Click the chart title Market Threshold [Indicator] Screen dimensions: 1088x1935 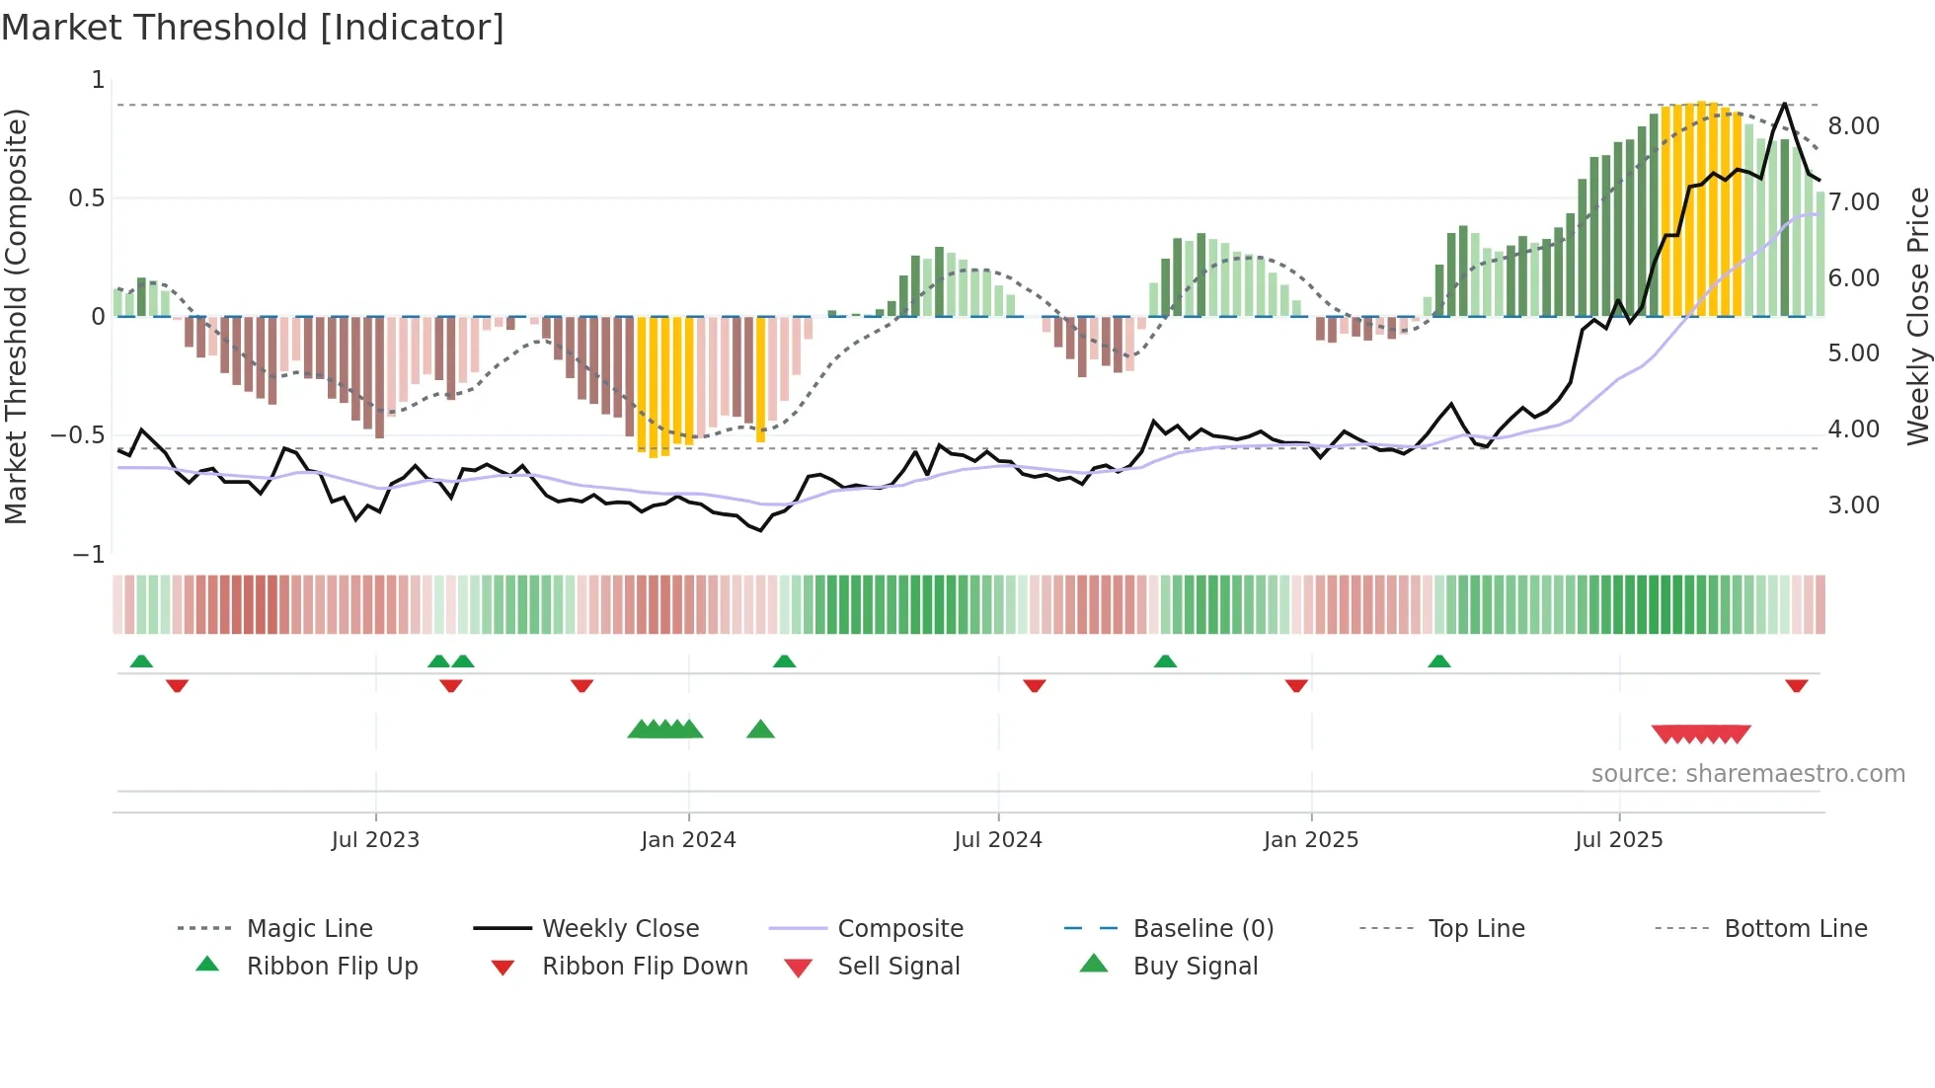pyautogui.click(x=253, y=28)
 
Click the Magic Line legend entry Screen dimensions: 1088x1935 pyautogui.click(x=309, y=928)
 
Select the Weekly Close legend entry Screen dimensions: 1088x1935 pyautogui.click(x=620, y=928)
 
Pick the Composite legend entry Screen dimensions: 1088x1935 pyautogui.click(x=899, y=928)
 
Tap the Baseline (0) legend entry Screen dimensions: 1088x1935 pyautogui.click(x=1202, y=928)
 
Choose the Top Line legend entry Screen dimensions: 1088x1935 pyautogui.click(x=1476, y=928)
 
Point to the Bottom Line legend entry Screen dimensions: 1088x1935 pyautogui.click(x=1795, y=928)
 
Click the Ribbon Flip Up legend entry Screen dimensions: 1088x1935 pyautogui.click(x=332, y=966)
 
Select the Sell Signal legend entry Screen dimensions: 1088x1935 pyautogui.click(x=897, y=966)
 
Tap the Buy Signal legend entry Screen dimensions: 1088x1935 pyautogui.click(x=1195, y=966)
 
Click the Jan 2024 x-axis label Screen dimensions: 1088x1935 pyautogui.click(x=688, y=840)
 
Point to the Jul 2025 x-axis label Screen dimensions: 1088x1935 pyautogui.click(x=1618, y=840)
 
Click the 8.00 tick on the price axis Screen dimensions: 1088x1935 pyautogui.click(x=1853, y=126)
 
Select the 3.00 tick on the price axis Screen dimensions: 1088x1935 pyautogui.click(x=1853, y=505)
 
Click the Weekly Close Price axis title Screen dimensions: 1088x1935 pyautogui.click(x=1917, y=316)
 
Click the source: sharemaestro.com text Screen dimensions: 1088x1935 pyautogui.click(x=1747, y=774)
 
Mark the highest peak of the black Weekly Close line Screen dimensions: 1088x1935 pyautogui.click(x=1784, y=104)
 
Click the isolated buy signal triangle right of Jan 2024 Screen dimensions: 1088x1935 pyautogui.click(x=760, y=730)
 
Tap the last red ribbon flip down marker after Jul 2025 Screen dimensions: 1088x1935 pyautogui.click(x=1796, y=685)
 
